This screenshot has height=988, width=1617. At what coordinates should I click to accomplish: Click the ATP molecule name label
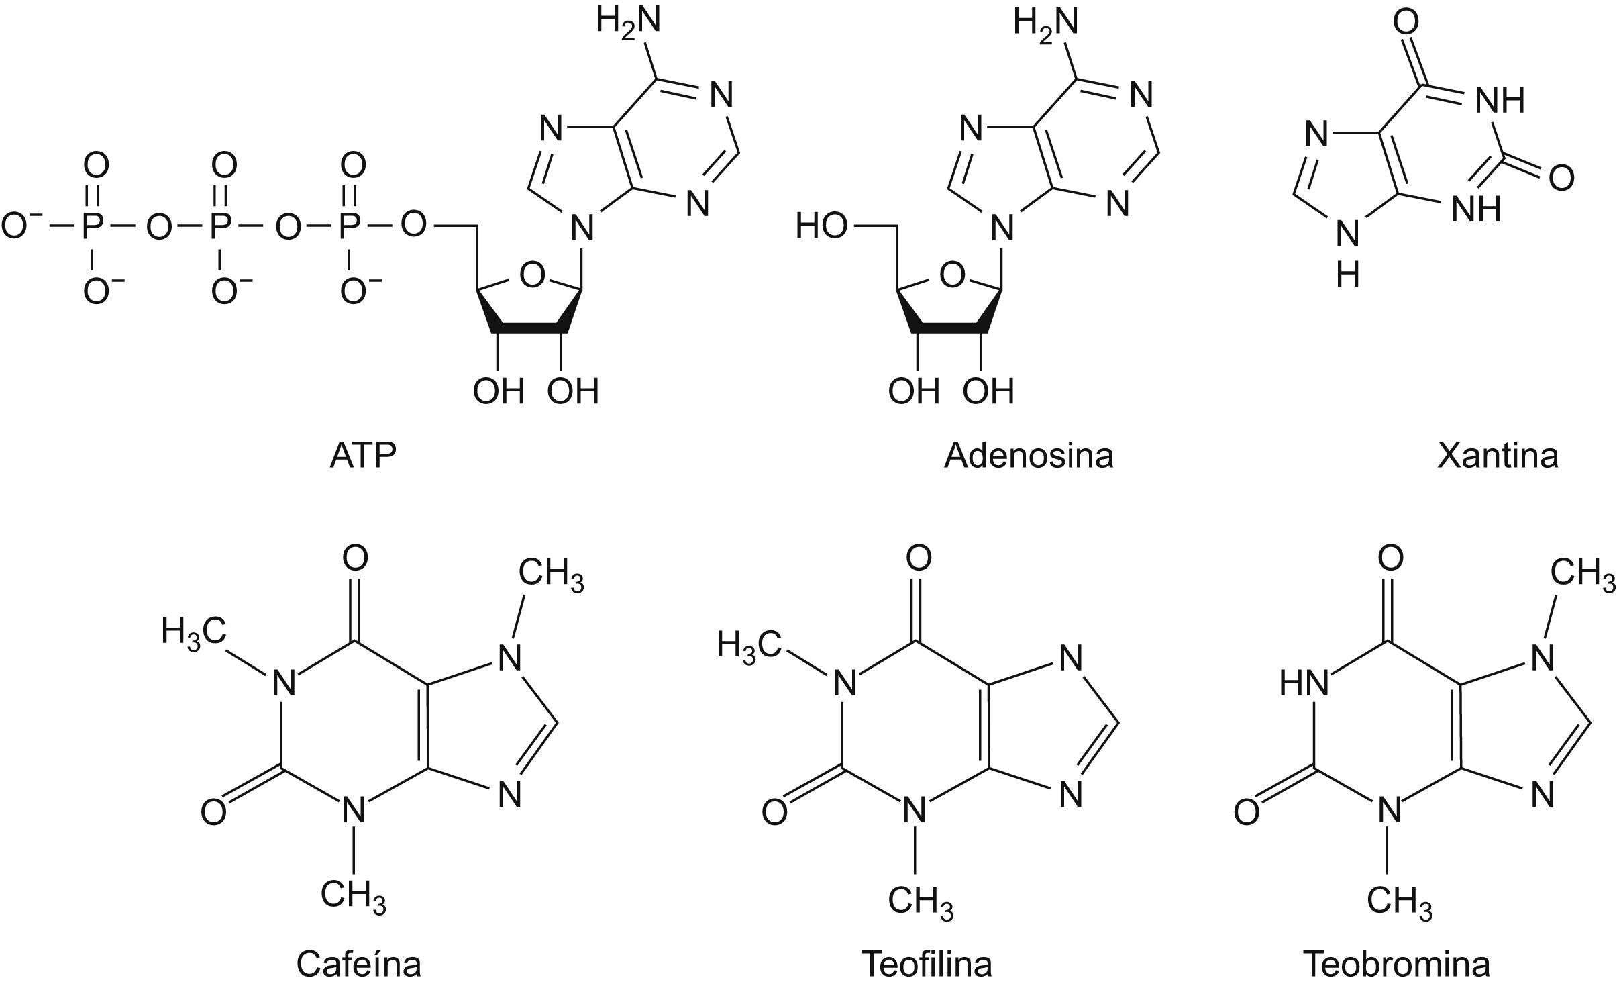click(363, 456)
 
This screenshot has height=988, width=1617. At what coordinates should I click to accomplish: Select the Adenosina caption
click(1028, 456)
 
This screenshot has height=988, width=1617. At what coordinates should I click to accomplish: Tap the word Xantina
click(1498, 456)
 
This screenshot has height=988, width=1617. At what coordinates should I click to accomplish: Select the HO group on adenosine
click(821, 227)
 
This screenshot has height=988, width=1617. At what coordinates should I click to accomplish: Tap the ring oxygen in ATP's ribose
click(532, 275)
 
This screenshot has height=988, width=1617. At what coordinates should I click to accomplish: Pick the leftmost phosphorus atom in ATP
click(94, 227)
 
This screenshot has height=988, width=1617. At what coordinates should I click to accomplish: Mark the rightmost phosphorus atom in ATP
click(351, 227)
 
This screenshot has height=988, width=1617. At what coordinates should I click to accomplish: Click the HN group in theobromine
click(1304, 684)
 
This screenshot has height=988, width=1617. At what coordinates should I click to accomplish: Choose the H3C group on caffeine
click(193, 632)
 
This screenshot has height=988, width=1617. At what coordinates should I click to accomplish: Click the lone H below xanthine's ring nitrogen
click(1347, 275)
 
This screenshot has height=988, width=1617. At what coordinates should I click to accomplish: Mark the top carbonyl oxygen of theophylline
click(919, 557)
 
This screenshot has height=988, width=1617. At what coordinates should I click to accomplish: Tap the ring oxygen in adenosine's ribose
click(951, 275)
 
